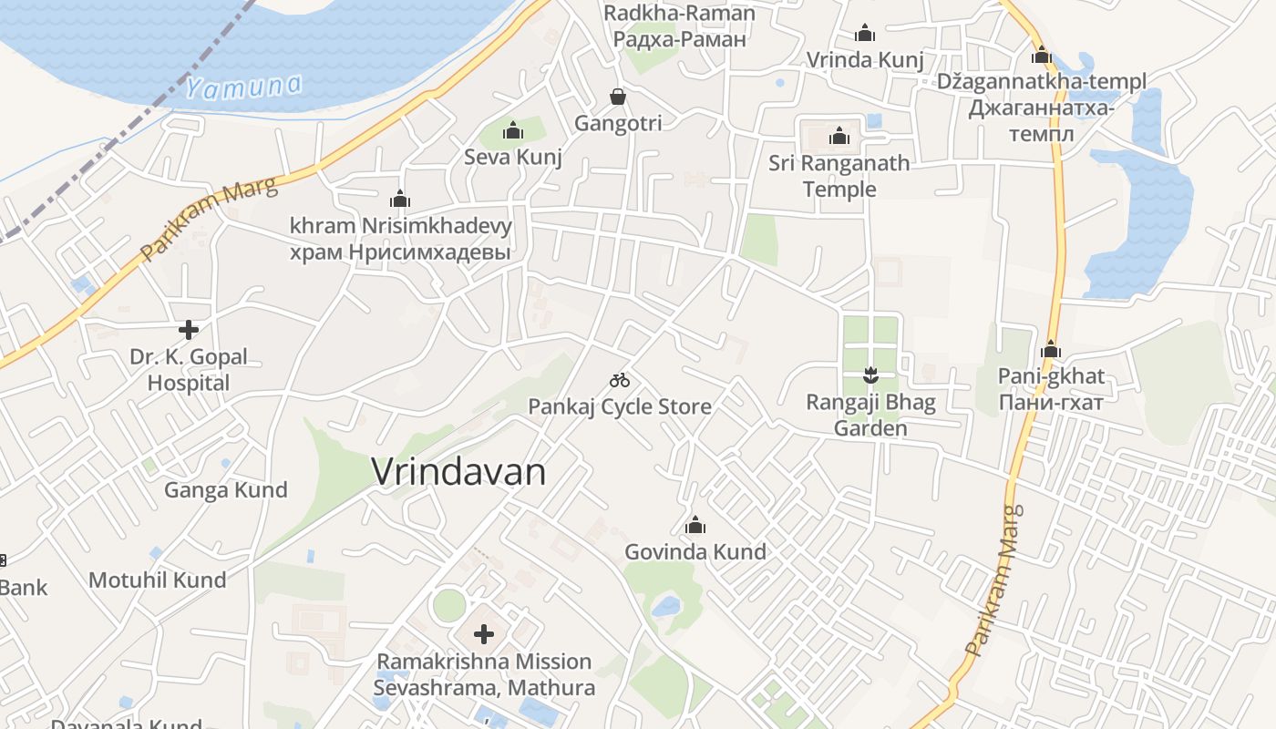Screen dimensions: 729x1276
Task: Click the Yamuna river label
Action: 243,87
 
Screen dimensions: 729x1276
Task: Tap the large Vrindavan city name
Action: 459,472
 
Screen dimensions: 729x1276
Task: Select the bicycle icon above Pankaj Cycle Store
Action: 620,379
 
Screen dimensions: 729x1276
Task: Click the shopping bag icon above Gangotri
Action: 618,97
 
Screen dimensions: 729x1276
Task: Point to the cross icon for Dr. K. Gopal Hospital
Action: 189,329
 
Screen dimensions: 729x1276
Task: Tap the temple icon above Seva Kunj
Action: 513,131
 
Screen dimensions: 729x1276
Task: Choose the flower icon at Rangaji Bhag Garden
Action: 870,375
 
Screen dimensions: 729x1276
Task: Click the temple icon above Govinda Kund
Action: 695,525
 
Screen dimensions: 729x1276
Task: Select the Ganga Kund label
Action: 225,490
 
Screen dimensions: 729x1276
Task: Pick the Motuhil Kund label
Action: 158,580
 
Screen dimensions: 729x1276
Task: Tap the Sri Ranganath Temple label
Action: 839,176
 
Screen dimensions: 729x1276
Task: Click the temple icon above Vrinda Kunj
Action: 865,34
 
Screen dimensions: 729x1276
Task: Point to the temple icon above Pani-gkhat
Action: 1051,349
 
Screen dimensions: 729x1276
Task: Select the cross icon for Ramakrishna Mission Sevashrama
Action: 484,633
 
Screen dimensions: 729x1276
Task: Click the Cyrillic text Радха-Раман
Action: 680,39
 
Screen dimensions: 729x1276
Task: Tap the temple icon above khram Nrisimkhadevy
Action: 400,199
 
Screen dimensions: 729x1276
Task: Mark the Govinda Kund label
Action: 695,551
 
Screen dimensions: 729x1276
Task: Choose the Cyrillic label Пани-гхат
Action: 1051,402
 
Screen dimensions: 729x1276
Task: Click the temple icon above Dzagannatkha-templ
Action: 1042,55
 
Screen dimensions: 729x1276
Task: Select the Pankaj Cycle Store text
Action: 620,406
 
